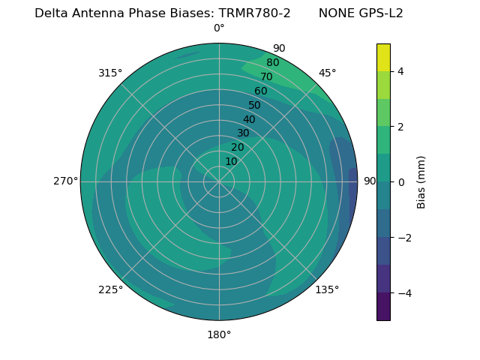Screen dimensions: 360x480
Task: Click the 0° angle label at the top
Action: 219,28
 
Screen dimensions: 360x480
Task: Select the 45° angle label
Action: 328,73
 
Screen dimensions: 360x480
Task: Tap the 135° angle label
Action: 327,289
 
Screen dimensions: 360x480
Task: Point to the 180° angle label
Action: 219,334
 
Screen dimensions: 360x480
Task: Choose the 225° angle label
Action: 110,289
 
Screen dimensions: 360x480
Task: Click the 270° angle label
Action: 65,181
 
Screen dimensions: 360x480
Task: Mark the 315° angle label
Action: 110,73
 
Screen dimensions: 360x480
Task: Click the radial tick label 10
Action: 231,161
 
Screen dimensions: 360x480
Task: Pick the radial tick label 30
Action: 243,133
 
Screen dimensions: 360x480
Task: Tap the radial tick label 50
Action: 255,106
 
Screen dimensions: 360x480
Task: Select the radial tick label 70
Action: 266,77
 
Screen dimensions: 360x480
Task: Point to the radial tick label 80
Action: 272,63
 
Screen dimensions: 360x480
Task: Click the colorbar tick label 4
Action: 401,71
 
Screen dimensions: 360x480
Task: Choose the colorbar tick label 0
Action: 401,182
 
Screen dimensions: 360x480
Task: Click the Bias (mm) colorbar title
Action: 421,182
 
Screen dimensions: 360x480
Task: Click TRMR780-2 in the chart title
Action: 254,13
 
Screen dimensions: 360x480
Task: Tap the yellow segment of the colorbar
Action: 383,57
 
